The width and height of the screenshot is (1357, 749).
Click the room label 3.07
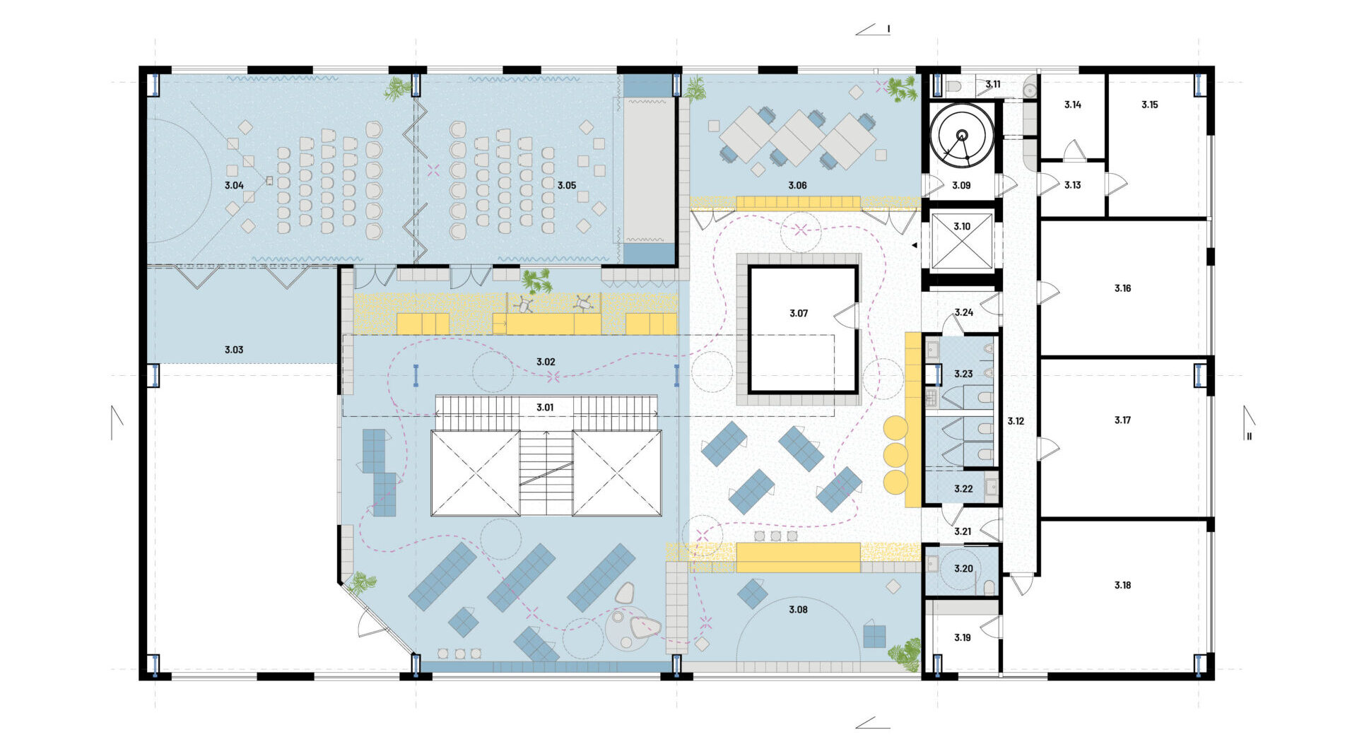(799, 313)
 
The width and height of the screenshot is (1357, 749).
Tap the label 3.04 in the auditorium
(234, 185)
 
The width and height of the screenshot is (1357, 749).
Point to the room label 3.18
(1122, 585)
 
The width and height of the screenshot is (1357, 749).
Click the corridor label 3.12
(1016, 421)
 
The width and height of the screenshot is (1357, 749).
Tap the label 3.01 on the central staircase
(545, 408)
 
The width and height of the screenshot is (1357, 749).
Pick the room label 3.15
(1150, 105)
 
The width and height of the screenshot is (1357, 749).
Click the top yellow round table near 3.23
(895, 427)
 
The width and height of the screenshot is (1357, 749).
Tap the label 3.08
(798, 609)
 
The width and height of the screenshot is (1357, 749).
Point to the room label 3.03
(234, 350)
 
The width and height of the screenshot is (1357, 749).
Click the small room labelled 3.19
(962, 637)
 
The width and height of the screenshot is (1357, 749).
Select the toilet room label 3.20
(963, 568)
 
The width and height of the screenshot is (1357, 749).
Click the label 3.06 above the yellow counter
(797, 185)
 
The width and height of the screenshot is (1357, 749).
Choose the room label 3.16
(1122, 288)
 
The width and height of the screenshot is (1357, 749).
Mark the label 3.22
(963, 489)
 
